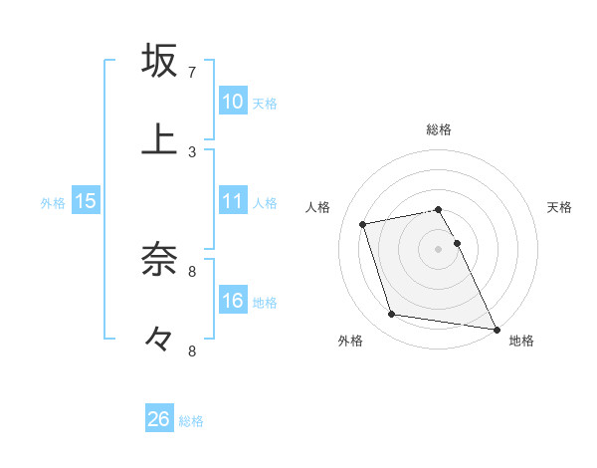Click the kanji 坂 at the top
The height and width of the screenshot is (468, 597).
click(160, 61)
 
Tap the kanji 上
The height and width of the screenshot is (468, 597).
click(160, 139)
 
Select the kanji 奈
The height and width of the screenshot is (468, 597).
click(160, 259)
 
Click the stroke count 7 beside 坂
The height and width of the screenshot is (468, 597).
click(192, 73)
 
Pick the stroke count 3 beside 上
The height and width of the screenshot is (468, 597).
click(192, 151)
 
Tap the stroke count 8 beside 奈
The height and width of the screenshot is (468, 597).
click(192, 271)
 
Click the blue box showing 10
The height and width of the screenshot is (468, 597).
click(233, 101)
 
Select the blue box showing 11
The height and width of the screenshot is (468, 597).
click(233, 201)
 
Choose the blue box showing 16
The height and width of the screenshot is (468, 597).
click(233, 300)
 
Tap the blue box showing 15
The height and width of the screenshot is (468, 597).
click(86, 201)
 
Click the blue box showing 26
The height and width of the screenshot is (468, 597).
click(159, 419)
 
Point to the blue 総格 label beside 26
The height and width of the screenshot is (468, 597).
click(191, 421)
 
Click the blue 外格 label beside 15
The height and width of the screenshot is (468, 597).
click(53, 203)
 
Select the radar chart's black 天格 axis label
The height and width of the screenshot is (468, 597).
click(560, 207)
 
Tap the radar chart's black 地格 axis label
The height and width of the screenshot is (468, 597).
click(521, 341)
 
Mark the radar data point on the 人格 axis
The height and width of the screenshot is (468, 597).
click(363, 224)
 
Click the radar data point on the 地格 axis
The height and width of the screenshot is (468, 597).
click(496, 328)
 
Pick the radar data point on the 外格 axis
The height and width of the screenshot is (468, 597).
click(392, 315)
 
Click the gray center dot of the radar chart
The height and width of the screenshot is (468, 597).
click(438, 248)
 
